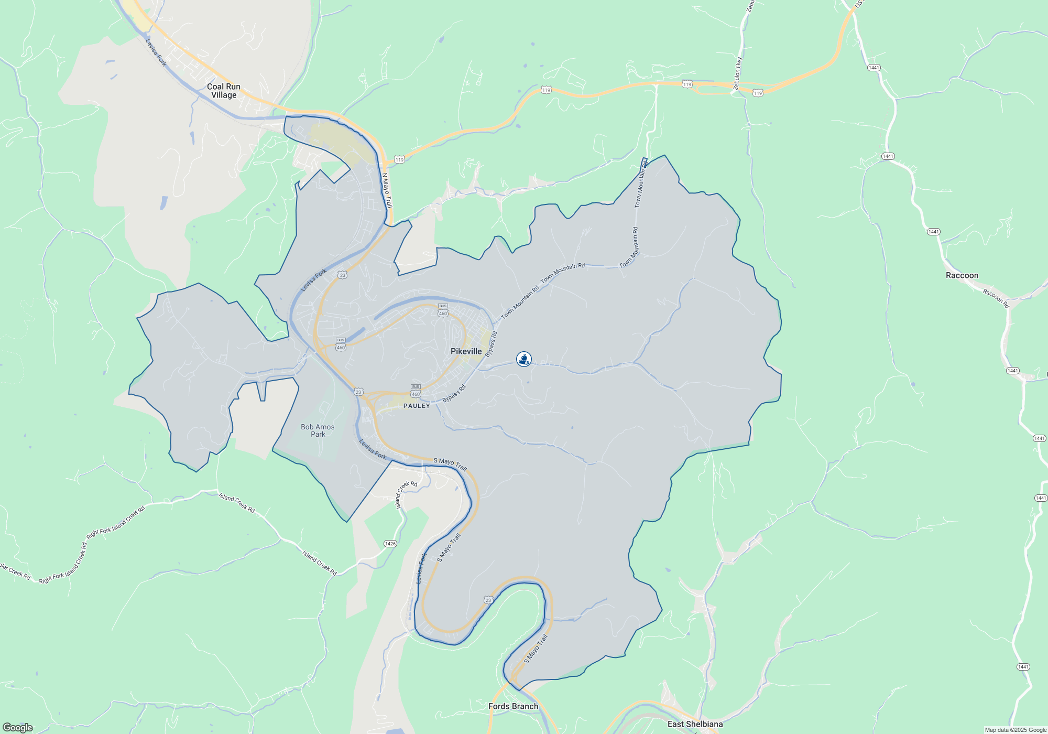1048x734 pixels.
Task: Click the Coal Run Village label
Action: [224, 91]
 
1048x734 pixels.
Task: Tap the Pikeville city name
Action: [466, 351]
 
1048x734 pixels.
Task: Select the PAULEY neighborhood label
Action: [417, 406]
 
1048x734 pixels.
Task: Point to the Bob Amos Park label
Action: [318, 430]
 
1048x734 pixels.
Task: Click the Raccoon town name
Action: [962, 275]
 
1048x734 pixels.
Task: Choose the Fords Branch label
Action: [513, 706]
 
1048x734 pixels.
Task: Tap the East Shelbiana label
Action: [695, 724]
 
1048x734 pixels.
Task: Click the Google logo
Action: [18, 727]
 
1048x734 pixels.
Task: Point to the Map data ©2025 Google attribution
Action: [1016, 730]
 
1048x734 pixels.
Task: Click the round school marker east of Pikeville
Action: [524, 359]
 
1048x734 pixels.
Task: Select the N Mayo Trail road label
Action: [387, 190]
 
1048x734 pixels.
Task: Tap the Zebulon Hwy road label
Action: [738, 73]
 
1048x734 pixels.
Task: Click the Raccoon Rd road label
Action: [996, 298]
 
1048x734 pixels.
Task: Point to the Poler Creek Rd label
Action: [15, 571]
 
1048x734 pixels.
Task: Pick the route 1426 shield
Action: [390, 544]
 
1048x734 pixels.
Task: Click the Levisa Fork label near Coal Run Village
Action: [156, 52]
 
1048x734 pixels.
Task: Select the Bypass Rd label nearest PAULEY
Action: [454, 394]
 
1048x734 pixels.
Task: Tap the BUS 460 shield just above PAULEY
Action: [416, 391]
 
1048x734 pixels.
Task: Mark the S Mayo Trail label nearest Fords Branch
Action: [536, 649]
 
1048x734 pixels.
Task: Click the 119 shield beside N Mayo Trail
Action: [400, 159]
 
